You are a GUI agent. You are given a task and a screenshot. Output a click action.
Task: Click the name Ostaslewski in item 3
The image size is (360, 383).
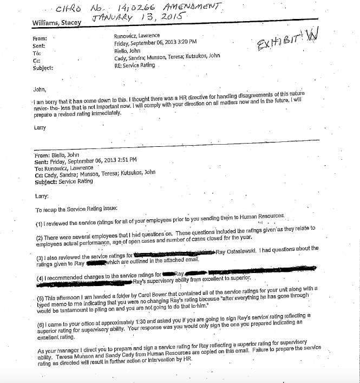[x=247, y=252]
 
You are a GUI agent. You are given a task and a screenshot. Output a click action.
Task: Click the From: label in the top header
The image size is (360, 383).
[x=40, y=38]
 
